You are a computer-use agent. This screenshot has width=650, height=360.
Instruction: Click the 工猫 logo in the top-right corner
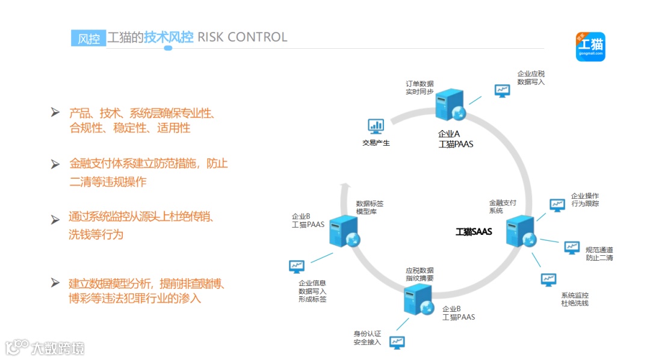(x=590, y=46)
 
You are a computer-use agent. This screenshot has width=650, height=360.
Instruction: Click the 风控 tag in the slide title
(x=88, y=38)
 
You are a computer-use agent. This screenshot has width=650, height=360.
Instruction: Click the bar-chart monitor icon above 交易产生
(x=376, y=126)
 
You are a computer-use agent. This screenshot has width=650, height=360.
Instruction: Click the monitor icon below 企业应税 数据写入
(x=501, y=90)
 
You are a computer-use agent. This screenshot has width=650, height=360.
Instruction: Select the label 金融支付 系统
(x=503, y=207)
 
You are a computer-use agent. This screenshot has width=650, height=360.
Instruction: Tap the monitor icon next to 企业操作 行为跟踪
(x=557, y=205)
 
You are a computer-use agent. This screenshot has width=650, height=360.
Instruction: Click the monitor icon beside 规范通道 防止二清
(x=572, y=247)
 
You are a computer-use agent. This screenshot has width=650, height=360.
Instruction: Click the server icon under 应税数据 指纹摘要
(x=418, y=299)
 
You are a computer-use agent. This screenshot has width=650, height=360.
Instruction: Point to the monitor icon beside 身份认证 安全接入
(x=397, y=342)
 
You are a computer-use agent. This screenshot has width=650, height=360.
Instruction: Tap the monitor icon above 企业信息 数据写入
(x=296, y=265)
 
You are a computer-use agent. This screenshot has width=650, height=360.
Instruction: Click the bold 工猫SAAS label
(x=474, y=232)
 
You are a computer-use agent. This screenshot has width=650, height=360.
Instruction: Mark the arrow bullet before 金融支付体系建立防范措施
(x=55, y=164)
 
